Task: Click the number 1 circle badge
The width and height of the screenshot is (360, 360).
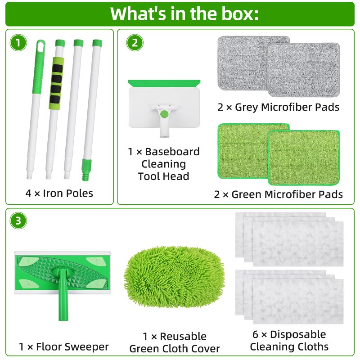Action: point(18,43)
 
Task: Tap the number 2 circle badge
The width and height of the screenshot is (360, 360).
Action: point(135,43)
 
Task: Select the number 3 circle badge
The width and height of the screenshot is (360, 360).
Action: point(18,220)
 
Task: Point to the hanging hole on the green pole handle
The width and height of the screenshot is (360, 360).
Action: point(41,48)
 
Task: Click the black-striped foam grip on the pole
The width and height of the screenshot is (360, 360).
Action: point(56,83)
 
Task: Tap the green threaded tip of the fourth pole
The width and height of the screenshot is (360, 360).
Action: point(86,170)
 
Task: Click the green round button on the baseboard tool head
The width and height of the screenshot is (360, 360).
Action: point(164,114)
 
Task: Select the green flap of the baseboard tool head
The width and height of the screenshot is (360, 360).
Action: point(164,83)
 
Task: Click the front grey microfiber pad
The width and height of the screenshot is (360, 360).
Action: point(303,70)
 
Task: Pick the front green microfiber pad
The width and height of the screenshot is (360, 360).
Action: point(304,158)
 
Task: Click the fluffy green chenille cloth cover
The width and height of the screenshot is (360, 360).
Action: point(174,277)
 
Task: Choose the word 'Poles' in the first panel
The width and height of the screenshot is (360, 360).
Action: point(80,193)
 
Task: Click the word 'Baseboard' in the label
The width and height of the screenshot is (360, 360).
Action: point(172,152)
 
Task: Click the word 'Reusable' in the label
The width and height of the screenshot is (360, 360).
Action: point(183,337)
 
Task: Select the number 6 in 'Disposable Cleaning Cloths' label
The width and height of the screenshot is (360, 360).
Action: point(255,334)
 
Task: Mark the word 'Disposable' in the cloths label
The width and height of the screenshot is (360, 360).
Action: point(298,334)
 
